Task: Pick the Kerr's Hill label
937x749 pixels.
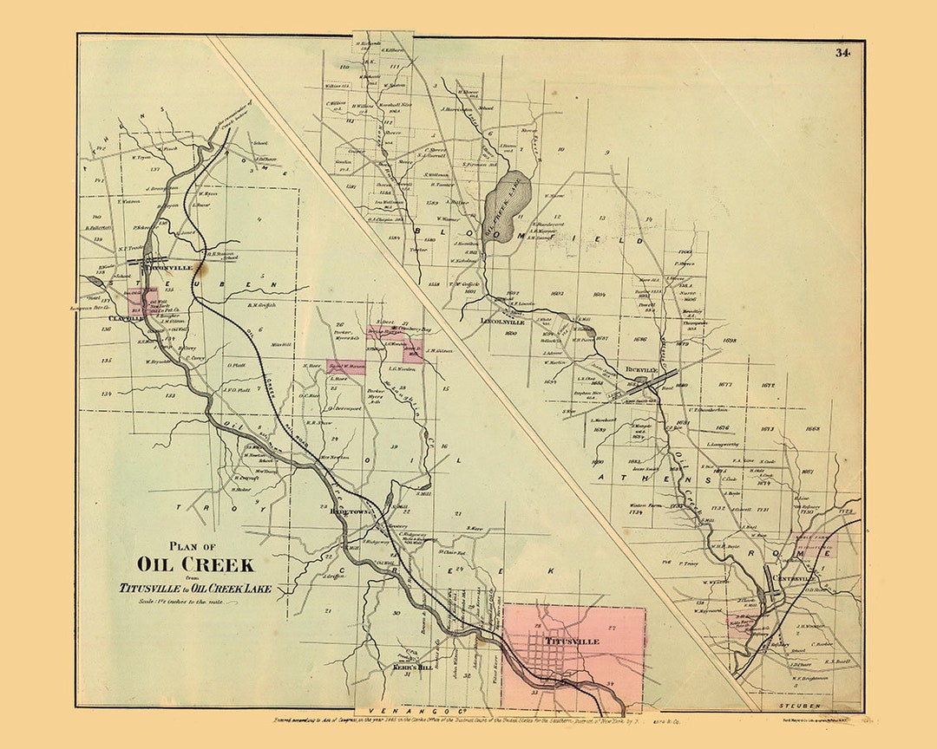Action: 412,668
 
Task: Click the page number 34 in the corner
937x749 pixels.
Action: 842,53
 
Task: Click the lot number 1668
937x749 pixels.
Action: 812,429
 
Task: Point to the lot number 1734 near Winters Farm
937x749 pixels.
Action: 634,512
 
